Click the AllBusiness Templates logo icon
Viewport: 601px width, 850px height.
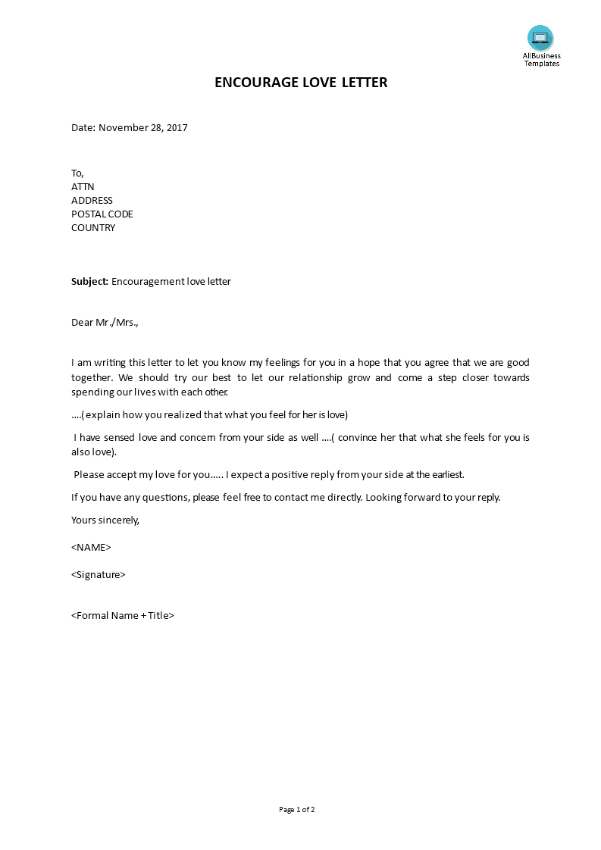point(540,38)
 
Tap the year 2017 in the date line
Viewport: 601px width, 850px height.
point(177,127)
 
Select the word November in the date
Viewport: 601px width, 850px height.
point(124,127)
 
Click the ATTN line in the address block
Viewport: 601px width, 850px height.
point(83,186)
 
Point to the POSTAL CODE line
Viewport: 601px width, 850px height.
point(102,214)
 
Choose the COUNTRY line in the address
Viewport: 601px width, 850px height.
point(93,227)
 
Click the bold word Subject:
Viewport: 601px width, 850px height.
point(89,281)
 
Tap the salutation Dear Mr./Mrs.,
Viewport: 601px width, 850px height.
point(105,322)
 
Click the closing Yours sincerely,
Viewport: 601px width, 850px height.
point(105,520)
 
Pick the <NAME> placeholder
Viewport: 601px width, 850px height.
point(91,547)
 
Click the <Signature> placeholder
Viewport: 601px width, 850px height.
point(99,574)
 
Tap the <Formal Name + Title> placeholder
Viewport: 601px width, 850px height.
point(123,615)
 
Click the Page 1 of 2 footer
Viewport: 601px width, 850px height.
point(297,809)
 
